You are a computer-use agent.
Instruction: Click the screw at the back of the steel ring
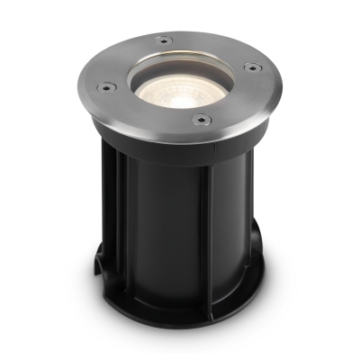point(162,39)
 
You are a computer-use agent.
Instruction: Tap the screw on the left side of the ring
point(105,87)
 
